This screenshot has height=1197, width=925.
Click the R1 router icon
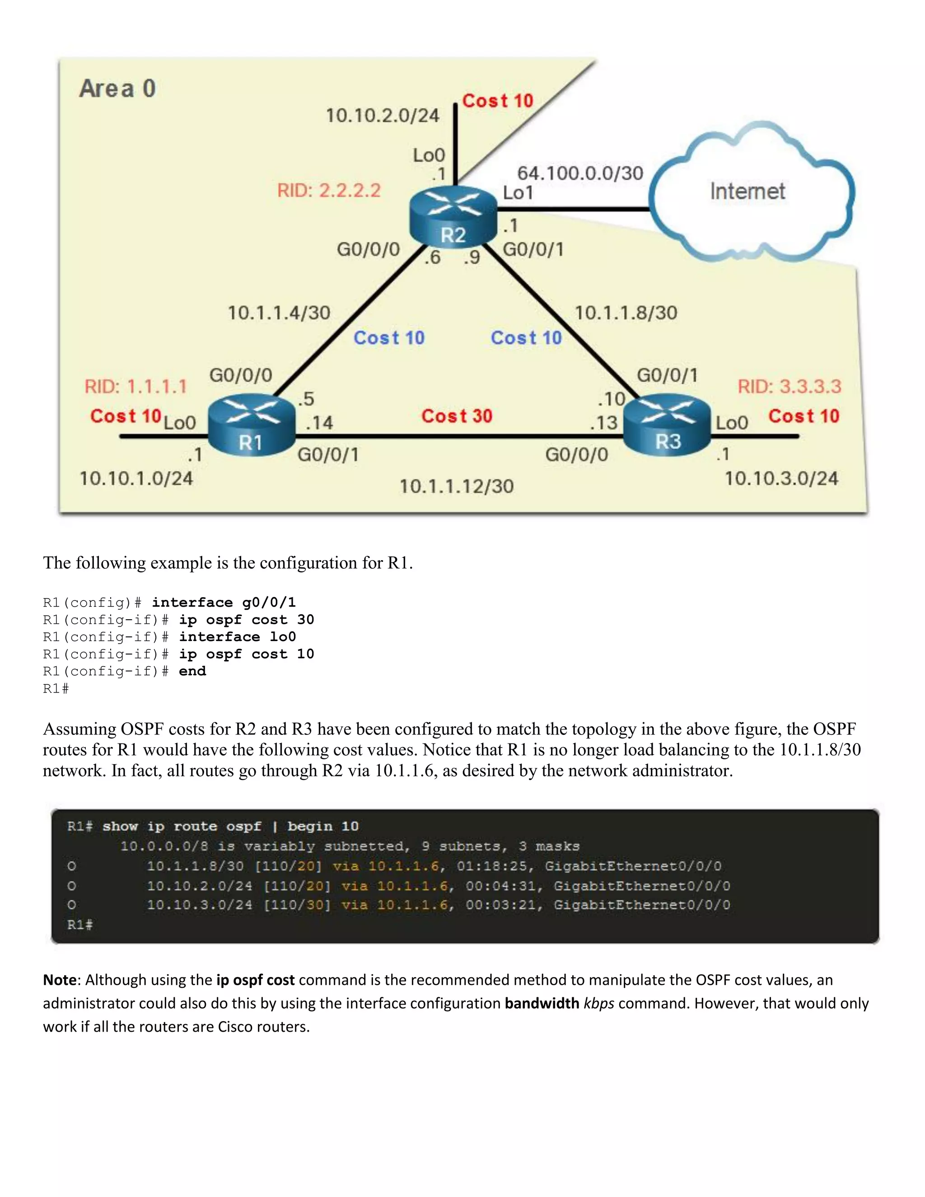252,425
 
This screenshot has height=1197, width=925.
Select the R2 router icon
453,217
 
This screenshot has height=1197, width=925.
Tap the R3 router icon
668,425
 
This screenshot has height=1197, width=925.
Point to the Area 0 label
118,89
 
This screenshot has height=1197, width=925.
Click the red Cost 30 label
457,416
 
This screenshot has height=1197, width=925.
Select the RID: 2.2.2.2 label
329,191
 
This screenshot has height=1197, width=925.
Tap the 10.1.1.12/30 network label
457,486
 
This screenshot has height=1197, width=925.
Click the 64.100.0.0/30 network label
580,173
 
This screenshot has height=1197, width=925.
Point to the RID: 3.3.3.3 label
789,386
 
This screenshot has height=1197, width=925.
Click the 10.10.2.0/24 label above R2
383,116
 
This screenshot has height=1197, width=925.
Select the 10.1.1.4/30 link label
279,313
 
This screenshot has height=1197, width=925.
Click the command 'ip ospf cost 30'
247,620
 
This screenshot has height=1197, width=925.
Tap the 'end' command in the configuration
192,671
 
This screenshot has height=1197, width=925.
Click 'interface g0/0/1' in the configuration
224,603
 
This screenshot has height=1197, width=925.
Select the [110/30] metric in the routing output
298,905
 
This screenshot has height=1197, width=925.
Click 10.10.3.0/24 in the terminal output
200,905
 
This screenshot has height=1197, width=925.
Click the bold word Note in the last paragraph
60,980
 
